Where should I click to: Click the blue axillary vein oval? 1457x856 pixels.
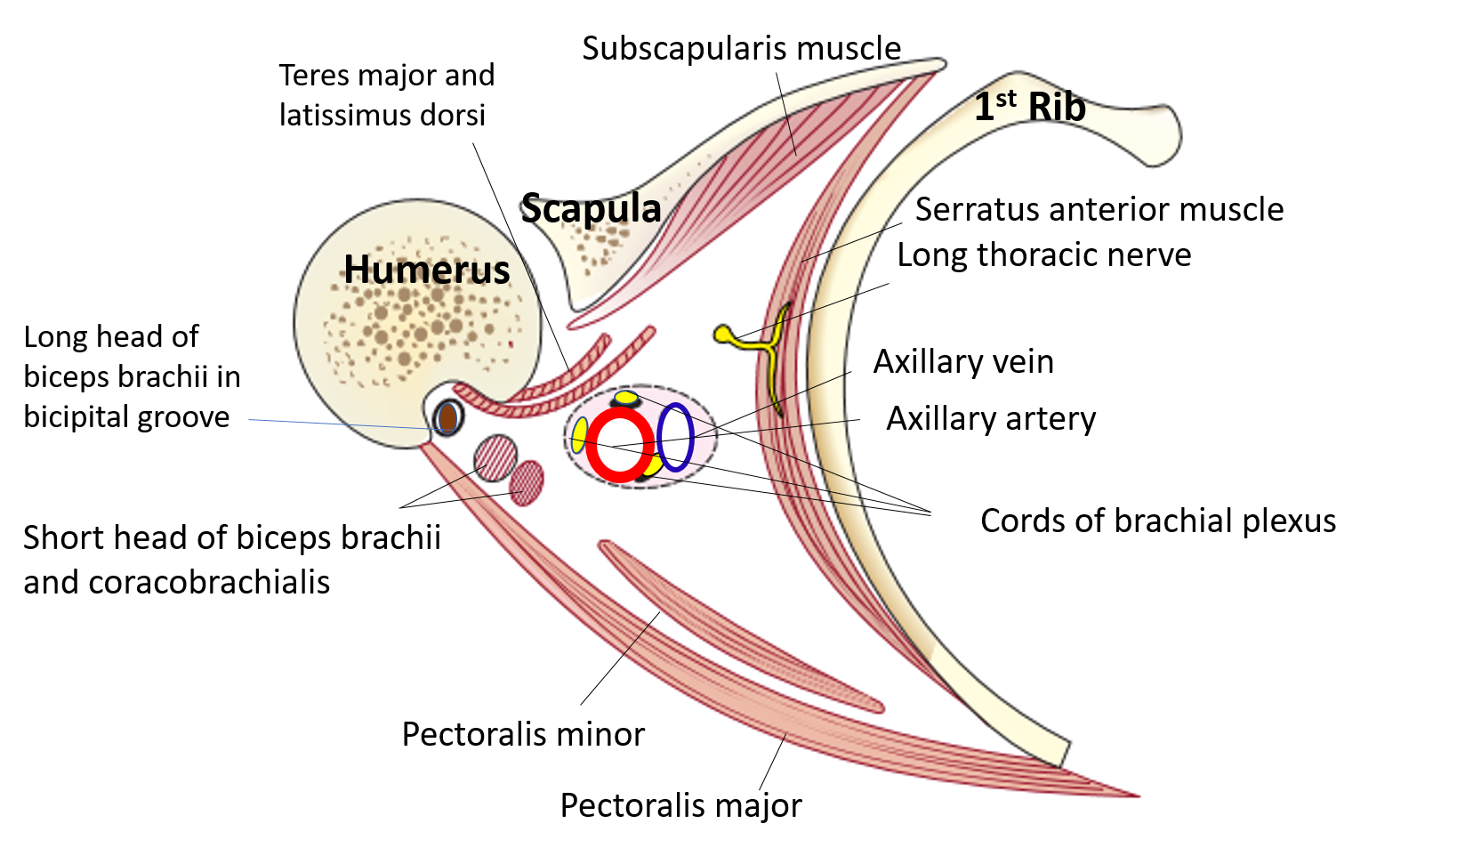(676, 437)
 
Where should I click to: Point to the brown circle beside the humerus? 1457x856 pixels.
(448, 417)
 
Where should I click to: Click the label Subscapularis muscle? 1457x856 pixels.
(741, 48)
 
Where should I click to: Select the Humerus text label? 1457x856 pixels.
(426, 270)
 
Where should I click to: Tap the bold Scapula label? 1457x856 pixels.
(591, 209)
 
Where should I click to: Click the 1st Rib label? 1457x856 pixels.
(1029, 107)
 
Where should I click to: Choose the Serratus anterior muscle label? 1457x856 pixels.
(1099, 210)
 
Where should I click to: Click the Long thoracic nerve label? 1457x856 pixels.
(1043, 255)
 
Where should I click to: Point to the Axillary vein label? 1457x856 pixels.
(963, 362)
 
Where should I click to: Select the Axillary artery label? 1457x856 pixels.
(991, 418)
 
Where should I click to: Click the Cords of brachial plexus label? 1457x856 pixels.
(1157, 521)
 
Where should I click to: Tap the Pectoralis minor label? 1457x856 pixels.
(523, 735)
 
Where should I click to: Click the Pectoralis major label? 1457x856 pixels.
(680, 806)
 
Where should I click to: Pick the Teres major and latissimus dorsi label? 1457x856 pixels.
(386, 95)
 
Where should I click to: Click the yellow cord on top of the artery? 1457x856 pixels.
(626, 397)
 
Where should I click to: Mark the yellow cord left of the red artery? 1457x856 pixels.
(579, 434)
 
